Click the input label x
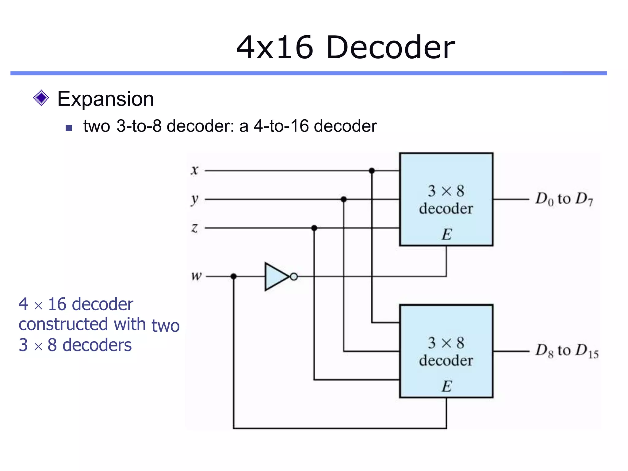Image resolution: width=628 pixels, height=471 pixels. pyautogui.click(x=194, y=170)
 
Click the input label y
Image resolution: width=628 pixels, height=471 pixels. pyautogui.click(x=194, y=200)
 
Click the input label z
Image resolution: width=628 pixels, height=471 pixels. pyautogui.click(x=194, y=228)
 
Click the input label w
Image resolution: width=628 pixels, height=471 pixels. pyautogui.click(x=196, y=276)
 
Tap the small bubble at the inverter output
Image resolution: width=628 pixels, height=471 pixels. pyautogui.click(x=294, y=277)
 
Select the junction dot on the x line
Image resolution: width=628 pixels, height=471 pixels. pyautogui.click(x=372, y=170)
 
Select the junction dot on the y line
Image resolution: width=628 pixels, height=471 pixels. pyautogui.click(x=343, y=199)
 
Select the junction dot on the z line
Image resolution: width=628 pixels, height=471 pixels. pyautogui.click(x=314, y=228)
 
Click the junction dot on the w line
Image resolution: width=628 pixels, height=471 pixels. pyautogui.click(x=234, y=276)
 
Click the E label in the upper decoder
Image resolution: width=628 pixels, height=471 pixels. pyautogui.click(x=446, y=235)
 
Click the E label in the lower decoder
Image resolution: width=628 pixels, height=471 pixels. pyautogui.click(x=446, y=386)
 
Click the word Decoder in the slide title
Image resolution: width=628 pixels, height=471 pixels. pyautogui.click(x=391, y=48)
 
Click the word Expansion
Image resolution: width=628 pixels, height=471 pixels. pyautogui.click(x=105, y=99)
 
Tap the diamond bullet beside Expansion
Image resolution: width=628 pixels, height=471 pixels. pyautogui.click(x=41, y=98)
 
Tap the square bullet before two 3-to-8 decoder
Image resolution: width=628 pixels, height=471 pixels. pyautogui.click(x=69, y=128)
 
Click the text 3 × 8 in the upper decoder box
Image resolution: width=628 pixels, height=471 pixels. pyautogui.click(x=446, y=191)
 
